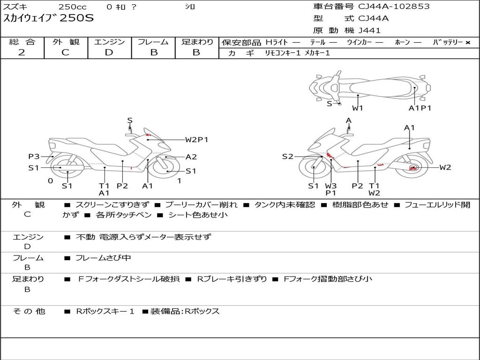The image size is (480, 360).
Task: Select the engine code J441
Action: tap(369, 30)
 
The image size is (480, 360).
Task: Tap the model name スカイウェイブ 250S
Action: tap(49, 19)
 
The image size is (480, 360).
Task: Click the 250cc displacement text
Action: tap(72, 7)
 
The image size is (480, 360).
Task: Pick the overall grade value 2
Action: tap(22, 52)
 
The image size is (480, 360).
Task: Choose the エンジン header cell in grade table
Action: tap(109, 42)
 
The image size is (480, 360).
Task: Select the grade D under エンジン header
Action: tap(109, 52)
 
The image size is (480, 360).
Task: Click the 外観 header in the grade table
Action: tap(66, 42)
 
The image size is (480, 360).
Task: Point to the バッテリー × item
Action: tap(451, 42)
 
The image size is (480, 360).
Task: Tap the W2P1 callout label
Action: tap(196, 139)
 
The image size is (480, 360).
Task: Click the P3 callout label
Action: tap(34, 157)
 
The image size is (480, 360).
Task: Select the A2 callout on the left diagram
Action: tap(191, 157)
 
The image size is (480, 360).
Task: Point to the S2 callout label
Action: tap(287, 157)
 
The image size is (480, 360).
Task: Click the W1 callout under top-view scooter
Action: tap(358, 108)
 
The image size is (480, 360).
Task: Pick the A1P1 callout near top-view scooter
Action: tap(420, 108)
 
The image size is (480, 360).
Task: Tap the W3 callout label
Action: tap(331, 186)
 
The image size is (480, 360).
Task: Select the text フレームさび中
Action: tap(103, 258)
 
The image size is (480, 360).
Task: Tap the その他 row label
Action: tap(29, 311)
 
